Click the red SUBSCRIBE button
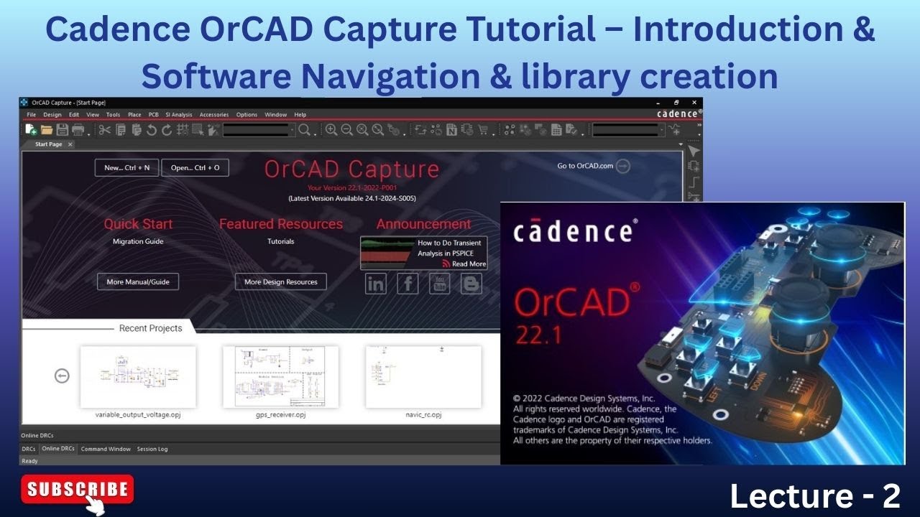(78, 490)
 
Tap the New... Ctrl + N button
(126, 168)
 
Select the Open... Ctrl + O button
(195, 168)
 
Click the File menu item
(32, 115)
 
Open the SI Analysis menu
(179, 115)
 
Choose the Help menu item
(300, 115)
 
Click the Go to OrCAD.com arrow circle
(623, 166)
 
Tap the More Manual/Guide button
(138, 282)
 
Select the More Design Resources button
(280, 282)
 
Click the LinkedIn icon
(375, 284)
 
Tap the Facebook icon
(408, 284)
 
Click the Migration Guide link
(138, 242)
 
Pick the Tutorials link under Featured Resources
(280, 242)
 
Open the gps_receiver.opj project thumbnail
(280, 377)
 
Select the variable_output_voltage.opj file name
(138, 415)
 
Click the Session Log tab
(152, 449)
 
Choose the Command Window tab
(106, 449)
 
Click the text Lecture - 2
(815, 495)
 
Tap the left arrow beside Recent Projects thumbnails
(63, 376)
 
